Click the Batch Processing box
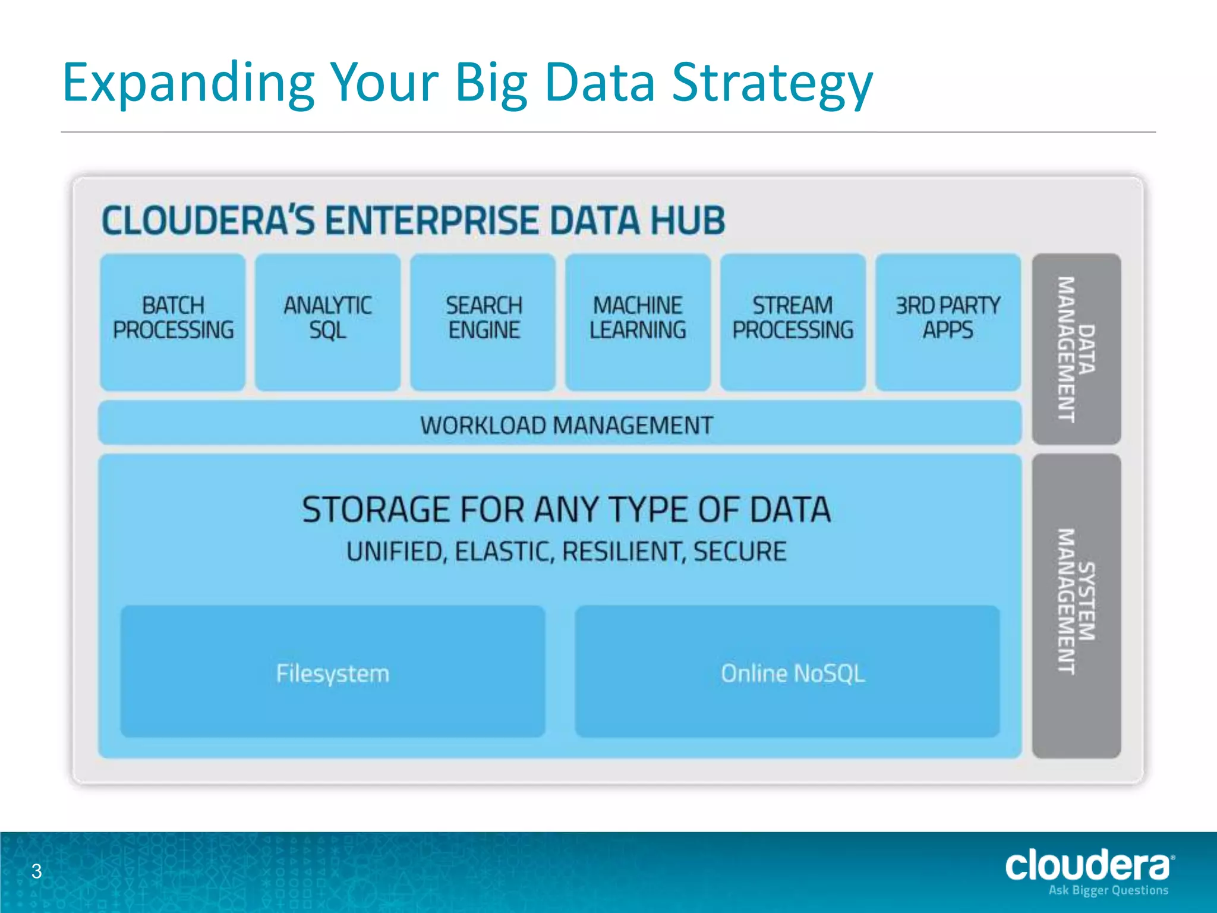click(x=172, y=322)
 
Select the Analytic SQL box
click(x=327, y=322)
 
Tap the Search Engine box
click(x=483, y=322)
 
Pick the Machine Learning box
click(x=638, y=322)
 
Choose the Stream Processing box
click(x=793, y=322)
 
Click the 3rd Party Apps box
click(x=948, y=322)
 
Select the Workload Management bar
click(x=560, y=423)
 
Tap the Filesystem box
click(x=333, y=672)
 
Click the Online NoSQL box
click(x=787, y=672)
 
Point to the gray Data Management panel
click(x=1076, y=349)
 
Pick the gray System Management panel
click(x=1076, y=605)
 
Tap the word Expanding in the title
click(x=188, y=83)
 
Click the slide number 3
click(x=37, y=871)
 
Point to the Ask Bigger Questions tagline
click(x=1108, y=890)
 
